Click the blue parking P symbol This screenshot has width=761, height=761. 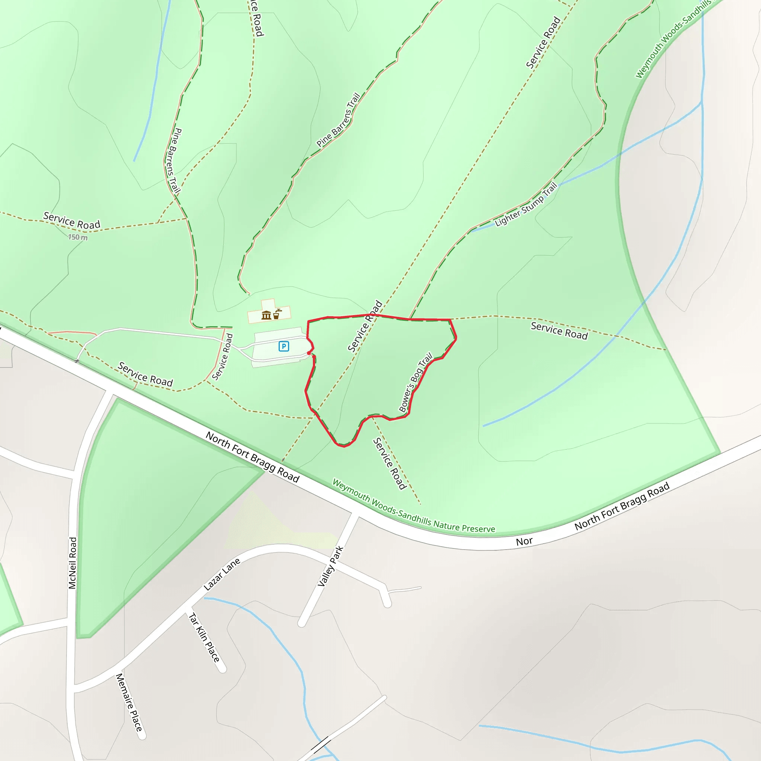pos(284,346)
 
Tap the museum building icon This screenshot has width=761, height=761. pos(266,315)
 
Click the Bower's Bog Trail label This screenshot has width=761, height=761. pos(415,382)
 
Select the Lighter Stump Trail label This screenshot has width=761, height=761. pos(526,204)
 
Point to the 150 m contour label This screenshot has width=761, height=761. pos(78,237)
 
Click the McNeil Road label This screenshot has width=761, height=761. pos(72,563)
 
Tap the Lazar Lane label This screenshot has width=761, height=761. pos(222,575)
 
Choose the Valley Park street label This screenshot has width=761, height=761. pos(330,566)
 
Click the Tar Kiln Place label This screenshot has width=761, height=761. pos(204,637)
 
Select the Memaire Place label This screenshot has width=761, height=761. pos(129,702)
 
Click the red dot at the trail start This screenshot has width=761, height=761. pos(309,353)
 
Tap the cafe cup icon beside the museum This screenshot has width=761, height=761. pos(277,314)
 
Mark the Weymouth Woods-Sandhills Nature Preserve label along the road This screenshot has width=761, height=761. pos(413,505)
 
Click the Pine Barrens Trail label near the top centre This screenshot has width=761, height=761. pos(339,120)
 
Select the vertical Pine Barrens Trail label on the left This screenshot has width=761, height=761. pos(174,161)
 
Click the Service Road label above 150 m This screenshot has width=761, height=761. pos(72,221)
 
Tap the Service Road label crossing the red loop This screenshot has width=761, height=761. pos(365,326)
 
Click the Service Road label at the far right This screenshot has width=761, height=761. pos(559,330)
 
